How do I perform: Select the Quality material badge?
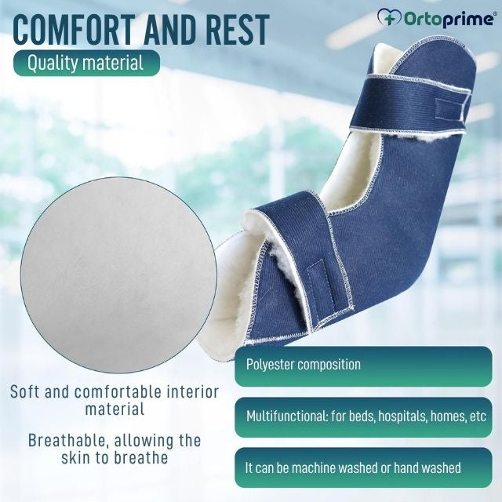tap(85, 63)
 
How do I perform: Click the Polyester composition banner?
tap(361, 365)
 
